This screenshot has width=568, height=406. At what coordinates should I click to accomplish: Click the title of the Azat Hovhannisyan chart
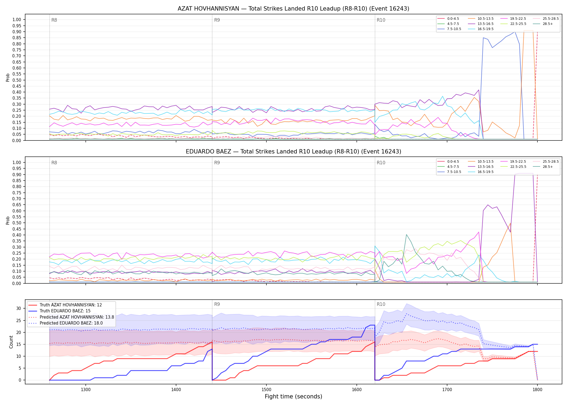pos(293,9)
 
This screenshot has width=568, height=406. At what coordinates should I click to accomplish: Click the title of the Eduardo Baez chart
pos(293,152)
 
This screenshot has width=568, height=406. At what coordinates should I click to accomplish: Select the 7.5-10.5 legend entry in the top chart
pos(449,29)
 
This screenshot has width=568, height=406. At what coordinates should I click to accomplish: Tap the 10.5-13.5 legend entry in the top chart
pos(481,19)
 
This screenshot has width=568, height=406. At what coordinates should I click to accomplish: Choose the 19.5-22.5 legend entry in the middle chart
pos(513,162)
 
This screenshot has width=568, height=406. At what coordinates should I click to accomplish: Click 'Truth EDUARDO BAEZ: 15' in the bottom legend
pos(65,311)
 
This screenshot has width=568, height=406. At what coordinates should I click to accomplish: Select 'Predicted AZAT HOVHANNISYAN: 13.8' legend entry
pos(71,317)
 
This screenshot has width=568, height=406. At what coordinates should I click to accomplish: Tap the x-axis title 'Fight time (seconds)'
pos(293,397)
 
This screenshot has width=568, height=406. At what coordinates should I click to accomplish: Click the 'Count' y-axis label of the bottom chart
pos(11,342)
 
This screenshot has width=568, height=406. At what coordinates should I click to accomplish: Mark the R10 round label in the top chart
pos(381,20)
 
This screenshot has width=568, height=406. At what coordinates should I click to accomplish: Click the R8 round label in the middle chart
pos(54,163)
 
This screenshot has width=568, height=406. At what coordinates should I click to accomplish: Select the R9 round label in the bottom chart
pos(217,304)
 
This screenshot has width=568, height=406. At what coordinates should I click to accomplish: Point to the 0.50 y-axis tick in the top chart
pos(17,80)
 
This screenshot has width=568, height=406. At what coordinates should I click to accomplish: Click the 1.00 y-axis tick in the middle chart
pos(17,162)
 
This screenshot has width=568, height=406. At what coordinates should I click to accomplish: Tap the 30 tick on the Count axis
pos(19,308)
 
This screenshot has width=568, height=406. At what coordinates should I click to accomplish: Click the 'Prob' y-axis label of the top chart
pos(8,77)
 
